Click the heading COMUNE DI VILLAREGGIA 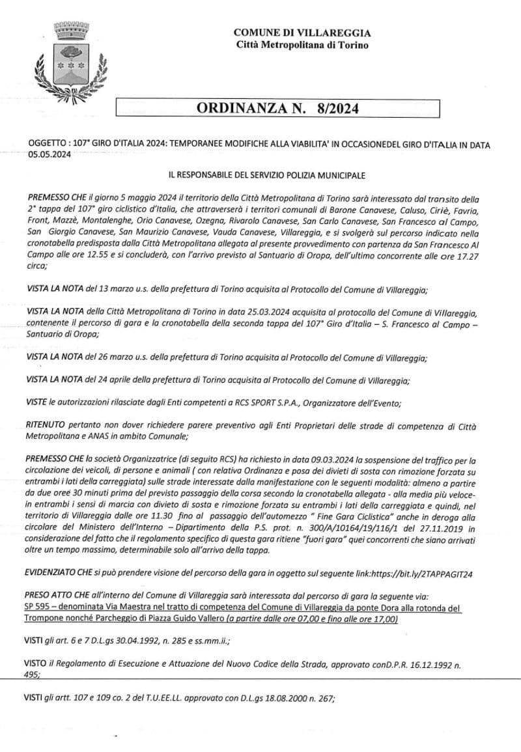[302, 33]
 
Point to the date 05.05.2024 [50, 155]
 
